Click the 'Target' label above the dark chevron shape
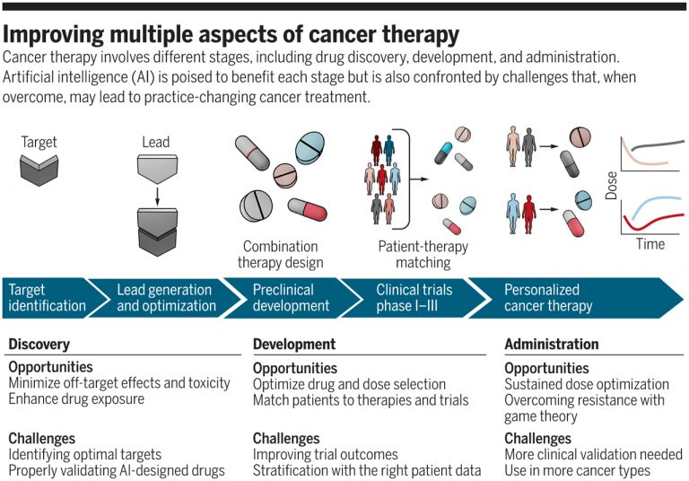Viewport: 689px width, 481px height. (39, 142)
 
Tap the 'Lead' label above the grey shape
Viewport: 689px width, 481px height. (155, 142)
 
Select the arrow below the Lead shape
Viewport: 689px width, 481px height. (157, 196)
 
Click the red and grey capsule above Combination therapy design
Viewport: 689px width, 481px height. (308, 209)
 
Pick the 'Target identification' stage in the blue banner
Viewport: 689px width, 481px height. (47, 298)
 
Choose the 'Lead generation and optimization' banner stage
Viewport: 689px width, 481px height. (166, 298)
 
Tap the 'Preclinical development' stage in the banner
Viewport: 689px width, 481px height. (291, 298)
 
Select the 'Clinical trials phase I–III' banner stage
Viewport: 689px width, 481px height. (414, 298)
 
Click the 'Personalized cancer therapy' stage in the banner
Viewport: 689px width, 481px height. (548, 298)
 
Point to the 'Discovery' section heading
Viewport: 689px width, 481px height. (39, 345)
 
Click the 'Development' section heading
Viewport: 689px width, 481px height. (294, 345)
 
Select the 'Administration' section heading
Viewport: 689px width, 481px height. (552, 345)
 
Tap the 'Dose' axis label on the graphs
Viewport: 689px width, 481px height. (611, 186)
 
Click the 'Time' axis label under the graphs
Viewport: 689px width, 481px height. (650, 244)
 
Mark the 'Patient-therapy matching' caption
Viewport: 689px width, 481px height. (423, 255)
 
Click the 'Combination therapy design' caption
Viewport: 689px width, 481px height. (280, 255)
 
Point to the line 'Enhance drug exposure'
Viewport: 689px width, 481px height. (76, 399)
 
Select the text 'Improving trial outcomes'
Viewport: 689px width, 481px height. (325, 455)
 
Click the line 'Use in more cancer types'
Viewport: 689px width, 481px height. (577, 471)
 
